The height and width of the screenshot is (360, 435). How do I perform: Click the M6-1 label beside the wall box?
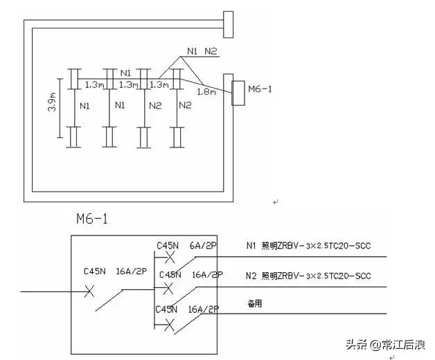point(260,89)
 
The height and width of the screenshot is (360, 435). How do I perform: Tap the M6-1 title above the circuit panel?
point(91,219)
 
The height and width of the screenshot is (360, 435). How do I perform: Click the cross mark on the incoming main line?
point(89,292)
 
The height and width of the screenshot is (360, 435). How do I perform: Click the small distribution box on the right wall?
point(238,93)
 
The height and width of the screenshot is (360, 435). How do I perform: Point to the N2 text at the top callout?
point(210,51)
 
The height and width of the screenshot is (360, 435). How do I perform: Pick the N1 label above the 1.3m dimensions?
point(125,73)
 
